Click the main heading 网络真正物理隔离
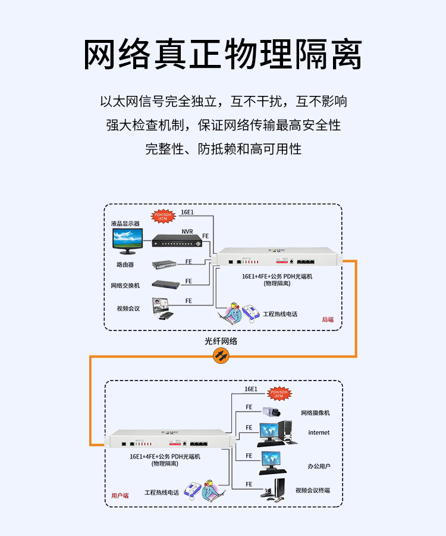point(222,55)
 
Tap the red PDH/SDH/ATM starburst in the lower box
point(278,394)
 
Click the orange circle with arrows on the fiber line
point(221,356)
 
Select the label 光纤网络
point(221,341)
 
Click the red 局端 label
point(328,319)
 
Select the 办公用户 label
point(319,466)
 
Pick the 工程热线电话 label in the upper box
point(280,314)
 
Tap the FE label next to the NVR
point(206,236)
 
